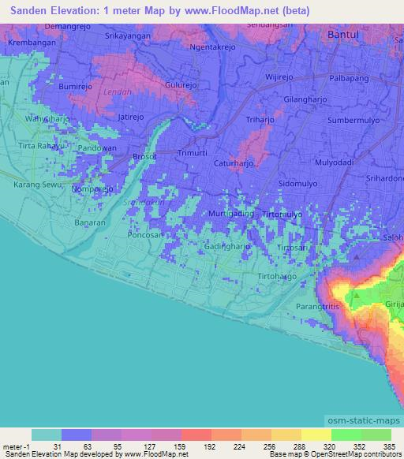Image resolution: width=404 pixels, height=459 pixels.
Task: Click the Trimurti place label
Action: tap(194, 152)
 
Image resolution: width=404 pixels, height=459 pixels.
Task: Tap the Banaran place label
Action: tap(89, 222)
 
